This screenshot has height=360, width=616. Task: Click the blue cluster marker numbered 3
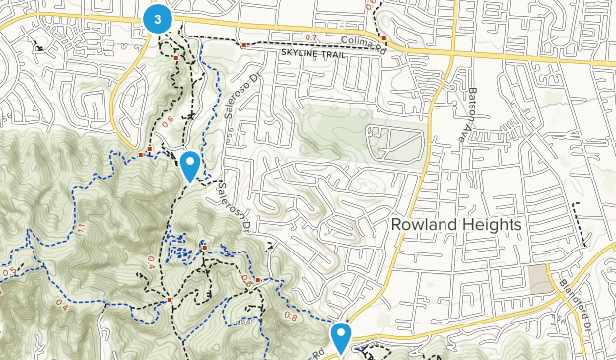[157, 18]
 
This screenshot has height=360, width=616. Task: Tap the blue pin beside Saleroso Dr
[190, 166]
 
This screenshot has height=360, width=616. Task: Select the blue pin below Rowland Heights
[341, 337]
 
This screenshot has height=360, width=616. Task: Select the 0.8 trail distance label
[293, 317]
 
